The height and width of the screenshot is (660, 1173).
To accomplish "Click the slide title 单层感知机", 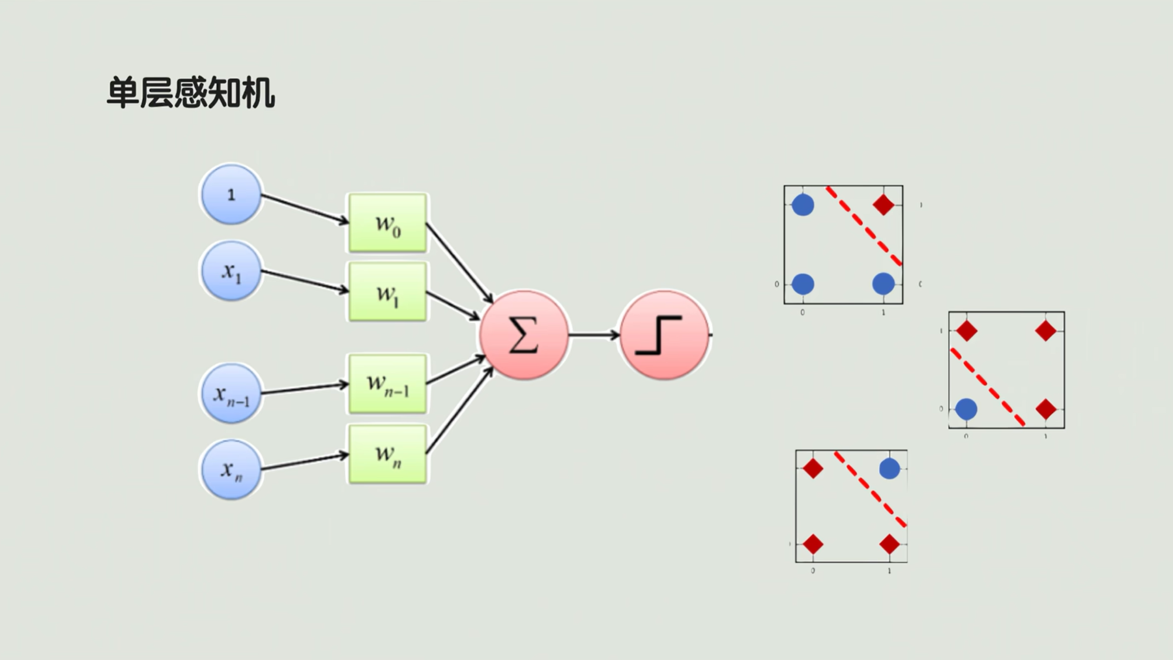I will point(191,93).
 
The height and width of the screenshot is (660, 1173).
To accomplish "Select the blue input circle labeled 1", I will point(231,194).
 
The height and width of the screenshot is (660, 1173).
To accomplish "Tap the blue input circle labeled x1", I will point(231,271).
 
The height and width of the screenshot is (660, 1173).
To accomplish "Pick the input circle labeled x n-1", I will point(231,393).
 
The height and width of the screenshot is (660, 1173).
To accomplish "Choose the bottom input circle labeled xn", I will point(231,469).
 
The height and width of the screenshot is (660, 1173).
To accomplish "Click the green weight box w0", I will point(388,223).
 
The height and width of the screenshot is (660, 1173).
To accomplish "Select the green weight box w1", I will point(388,292).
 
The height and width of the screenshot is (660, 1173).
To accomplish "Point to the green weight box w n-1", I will point(388,383).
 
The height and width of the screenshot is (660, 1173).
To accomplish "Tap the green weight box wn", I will point(388,454).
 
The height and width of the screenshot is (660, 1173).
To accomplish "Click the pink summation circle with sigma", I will point(524,335).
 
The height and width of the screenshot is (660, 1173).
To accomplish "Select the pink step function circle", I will point(664,335).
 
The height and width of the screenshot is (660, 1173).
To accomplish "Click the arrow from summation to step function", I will point(594,335).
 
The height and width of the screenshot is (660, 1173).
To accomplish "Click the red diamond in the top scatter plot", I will point(883,205).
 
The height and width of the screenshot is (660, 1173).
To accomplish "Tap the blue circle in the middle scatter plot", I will point(966,409).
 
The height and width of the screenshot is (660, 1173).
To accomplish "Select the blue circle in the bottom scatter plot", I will point(889,469).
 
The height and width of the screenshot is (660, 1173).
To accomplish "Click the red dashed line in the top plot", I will point(863,226).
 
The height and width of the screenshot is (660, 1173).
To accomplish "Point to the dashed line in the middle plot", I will point(987,388).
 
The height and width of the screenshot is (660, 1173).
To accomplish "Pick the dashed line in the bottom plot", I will point(870,489).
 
